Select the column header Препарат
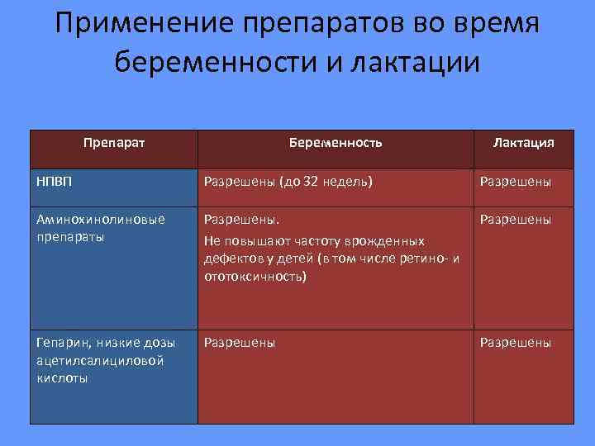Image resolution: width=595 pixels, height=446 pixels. click(114, 143)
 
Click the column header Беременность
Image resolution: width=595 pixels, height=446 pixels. click(336, 143)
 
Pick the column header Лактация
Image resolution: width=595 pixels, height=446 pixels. click(523, 143)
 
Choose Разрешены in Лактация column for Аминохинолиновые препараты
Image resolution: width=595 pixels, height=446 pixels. click(516, 220)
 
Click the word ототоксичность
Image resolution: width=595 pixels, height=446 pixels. click(255, 278)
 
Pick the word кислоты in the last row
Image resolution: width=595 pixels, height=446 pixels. click(60, 378)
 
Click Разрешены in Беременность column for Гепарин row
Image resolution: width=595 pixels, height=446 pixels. click(240, 343)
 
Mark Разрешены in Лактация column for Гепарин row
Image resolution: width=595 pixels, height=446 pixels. click(516, 343)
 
